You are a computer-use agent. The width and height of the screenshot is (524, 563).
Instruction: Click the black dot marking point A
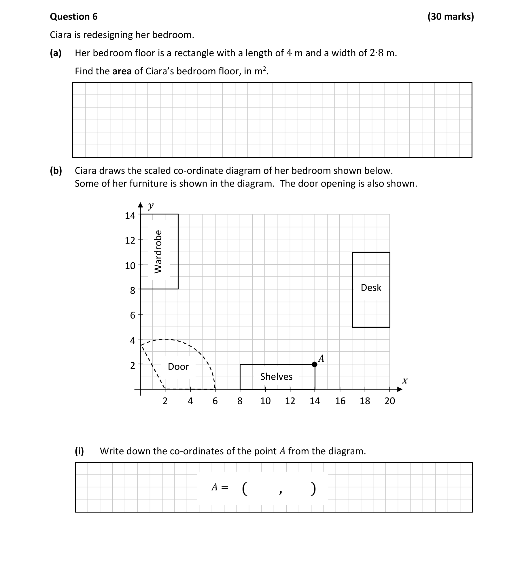pos(315,364)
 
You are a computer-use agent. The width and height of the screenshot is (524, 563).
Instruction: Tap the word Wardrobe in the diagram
pos(158,251)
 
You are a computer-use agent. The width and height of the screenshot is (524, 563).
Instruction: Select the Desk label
pos(371,287)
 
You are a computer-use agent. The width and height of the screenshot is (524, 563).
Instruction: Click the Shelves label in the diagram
pos(276,376)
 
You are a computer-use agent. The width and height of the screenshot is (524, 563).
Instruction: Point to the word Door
pos(178,366)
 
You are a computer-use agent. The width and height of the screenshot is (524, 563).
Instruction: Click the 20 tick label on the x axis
pos(389,401)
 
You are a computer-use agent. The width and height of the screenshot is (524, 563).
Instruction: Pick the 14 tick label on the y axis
pos(130,215)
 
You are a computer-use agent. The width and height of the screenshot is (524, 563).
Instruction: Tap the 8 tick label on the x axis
pos(240,401)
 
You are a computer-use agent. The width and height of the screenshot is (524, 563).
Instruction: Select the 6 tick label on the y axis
pos(133,315)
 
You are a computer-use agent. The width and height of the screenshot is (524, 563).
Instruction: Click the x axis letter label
pos(405,381)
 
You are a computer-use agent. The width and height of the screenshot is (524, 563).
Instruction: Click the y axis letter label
pos(151,206)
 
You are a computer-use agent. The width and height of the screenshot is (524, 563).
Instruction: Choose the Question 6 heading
pos(74,16)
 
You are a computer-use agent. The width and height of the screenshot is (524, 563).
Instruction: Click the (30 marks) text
pos(451,16)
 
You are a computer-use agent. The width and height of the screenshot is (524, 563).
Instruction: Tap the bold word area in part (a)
pos(122,71)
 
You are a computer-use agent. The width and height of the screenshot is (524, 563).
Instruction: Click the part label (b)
pos(56,171)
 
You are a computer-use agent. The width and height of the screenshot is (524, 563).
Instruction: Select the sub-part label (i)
pos(80,451)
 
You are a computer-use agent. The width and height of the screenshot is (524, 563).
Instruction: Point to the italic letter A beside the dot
pos(321,358)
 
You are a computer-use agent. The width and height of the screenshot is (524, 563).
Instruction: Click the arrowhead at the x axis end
pos(400,389)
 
